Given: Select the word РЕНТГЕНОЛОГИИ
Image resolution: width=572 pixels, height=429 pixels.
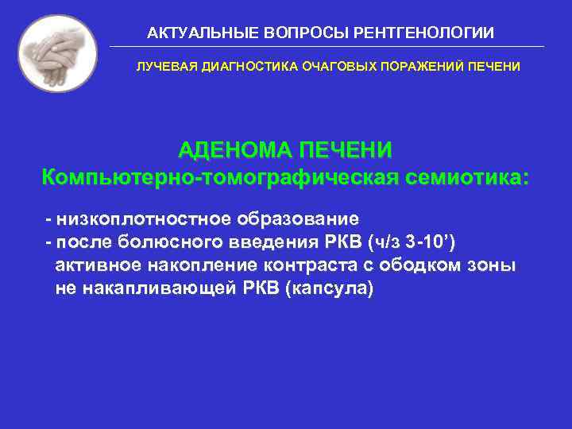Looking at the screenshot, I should coord(429,33).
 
